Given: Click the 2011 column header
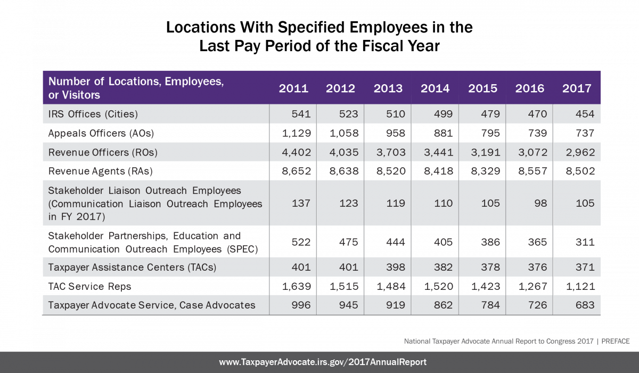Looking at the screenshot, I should [293, 88].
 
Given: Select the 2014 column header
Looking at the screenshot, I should [435, 88].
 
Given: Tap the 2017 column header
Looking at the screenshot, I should [577, 88].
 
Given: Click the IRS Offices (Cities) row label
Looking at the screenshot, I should [94, 114].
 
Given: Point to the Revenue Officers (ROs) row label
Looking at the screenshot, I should [103, 152].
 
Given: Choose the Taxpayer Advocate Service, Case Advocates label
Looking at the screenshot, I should [152, 305].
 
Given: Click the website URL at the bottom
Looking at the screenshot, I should [323, 362].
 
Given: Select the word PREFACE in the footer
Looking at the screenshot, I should [616, 341].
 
